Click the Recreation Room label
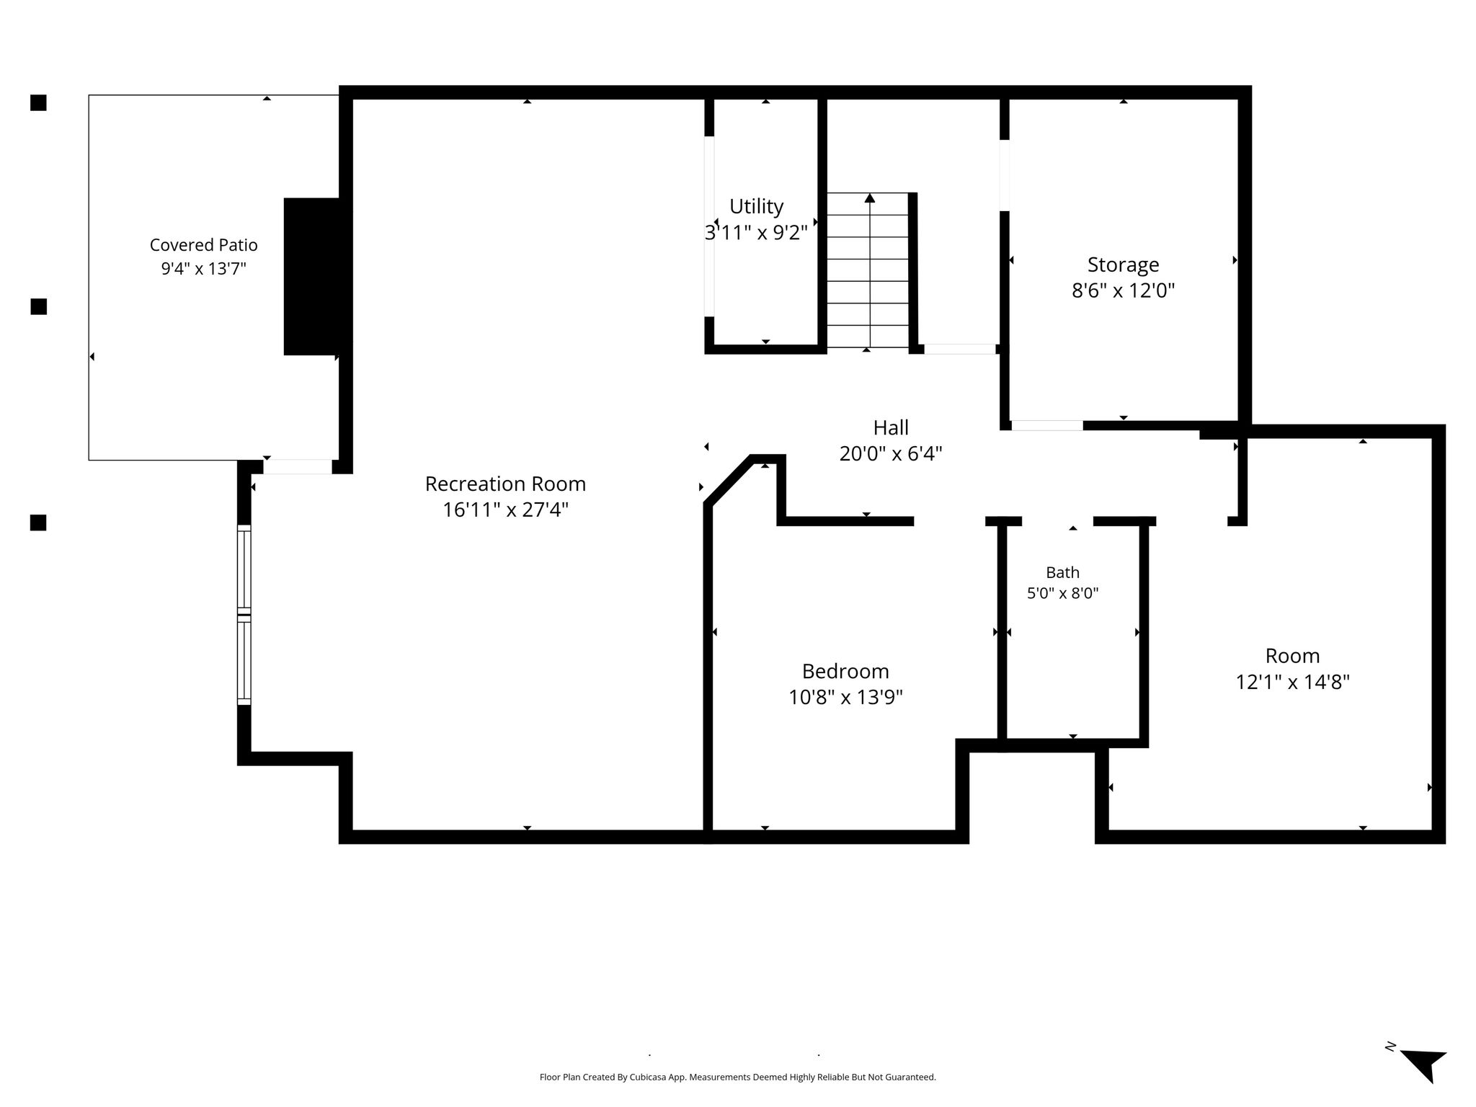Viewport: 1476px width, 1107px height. coord(505,484)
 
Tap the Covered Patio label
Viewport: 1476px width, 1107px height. coord(203,245)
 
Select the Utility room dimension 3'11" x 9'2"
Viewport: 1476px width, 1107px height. coord(756,233)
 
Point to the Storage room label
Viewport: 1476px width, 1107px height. coord(1123,265)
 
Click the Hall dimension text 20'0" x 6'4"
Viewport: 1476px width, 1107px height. coord(891,453)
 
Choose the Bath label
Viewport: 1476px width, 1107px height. coord(1063,572)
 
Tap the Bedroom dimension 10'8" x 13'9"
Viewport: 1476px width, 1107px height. coord(845,697)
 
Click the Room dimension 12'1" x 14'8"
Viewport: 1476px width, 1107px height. coord(1292,681)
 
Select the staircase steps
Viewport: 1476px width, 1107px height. coord(868,270)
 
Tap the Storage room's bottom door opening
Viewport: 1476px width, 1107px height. coord(1046,425)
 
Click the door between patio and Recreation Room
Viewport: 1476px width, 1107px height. coord(298,466)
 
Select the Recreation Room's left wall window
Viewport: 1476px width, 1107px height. coord(244,615)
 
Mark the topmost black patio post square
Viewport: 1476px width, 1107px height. coord(38,103)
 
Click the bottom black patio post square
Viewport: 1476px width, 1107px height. coord(38,523)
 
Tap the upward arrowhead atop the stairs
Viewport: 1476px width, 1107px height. coord(870,197)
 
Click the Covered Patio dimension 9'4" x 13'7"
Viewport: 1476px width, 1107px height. coord(203,269)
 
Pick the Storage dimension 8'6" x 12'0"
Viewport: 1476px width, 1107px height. coord(1123,290)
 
